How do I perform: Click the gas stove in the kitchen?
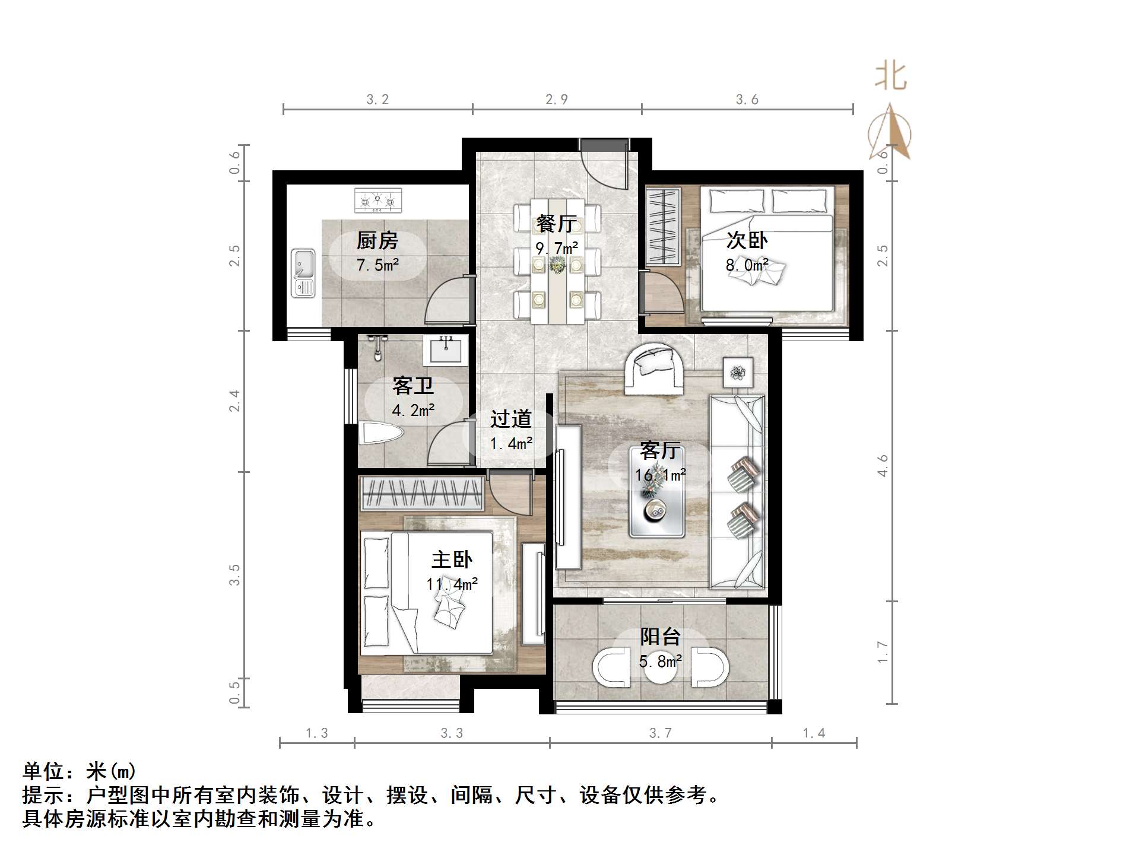377,201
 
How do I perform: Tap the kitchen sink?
303,273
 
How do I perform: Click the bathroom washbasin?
445,349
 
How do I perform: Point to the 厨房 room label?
377,240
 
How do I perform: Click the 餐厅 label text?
556,224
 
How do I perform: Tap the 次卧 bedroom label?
747,240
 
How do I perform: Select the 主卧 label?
452,559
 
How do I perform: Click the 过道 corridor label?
510,419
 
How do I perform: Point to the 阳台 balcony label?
660,637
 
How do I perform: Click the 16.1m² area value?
661,475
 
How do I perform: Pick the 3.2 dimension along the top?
377,100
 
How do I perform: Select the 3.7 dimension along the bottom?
660,733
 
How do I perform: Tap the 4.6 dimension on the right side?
883,465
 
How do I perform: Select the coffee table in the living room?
658,492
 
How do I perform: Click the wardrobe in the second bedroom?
663,226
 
